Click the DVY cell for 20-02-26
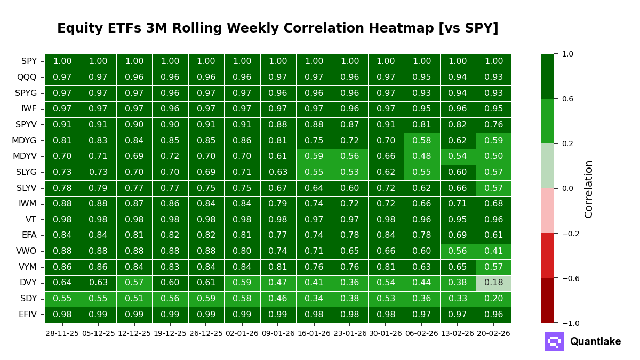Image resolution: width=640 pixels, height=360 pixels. click(493, 283)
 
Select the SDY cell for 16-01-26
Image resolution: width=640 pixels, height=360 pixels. click(314, 299)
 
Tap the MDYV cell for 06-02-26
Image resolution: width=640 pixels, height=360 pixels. click(421, 156)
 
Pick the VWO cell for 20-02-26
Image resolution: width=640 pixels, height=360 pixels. click(493, 251)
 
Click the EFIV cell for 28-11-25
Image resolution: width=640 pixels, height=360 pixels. click(62, 315)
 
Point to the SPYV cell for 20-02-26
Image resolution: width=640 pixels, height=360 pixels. click(493, 125)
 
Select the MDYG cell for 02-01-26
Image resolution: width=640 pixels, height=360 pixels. click(242, 141)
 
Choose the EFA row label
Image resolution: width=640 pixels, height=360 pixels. click(29, 235)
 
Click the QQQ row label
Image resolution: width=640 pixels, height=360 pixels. click(27, 77)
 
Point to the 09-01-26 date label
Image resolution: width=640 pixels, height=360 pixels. click(278, 333)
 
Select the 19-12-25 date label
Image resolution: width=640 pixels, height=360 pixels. click(170, 333)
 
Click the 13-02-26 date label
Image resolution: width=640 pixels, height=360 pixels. click(458, 333)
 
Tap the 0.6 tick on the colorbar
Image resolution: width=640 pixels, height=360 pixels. click(567, 99)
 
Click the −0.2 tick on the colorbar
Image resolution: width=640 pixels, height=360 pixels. click(567, 234)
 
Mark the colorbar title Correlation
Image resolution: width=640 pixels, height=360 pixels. click(589, 189)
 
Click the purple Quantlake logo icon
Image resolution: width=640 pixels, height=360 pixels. click(554, 342)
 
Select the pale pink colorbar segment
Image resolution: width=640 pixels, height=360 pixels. click(547, 211)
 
